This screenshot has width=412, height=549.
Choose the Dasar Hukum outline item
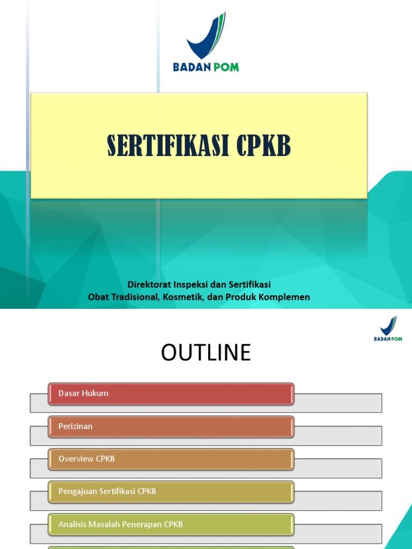pyautogui.click(x=84, y=393)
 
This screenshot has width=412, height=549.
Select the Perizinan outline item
pyautogui.click(x=76, y=426)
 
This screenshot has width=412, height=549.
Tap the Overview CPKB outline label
pyautogui.click(x=86, y=459)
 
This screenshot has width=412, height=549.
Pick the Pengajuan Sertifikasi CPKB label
pyautogui.click(x=107, y=491)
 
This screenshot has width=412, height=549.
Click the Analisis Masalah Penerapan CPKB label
pyautogui.click(x=121, y=524)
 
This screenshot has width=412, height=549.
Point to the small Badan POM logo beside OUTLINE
pyautogui.click(x=388, y=328)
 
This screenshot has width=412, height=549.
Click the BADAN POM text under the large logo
pyautogui.click(x=206, y=67)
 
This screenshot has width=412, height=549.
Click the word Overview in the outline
pyautogui.click(x=76, y=459)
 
